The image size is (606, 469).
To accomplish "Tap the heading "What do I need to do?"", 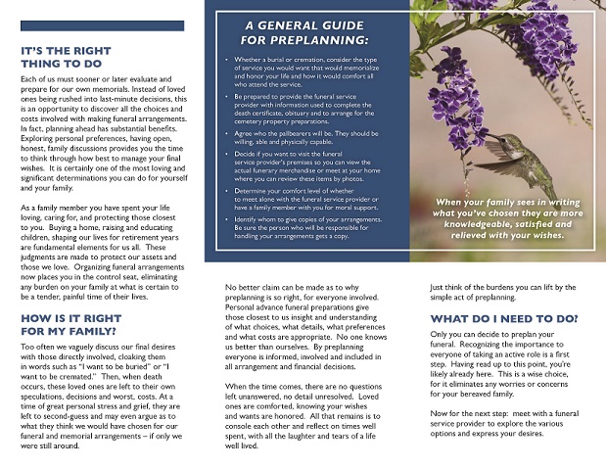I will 503,319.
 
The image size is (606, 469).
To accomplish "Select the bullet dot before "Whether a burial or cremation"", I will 226,61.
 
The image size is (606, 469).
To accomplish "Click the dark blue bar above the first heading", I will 102,25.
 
